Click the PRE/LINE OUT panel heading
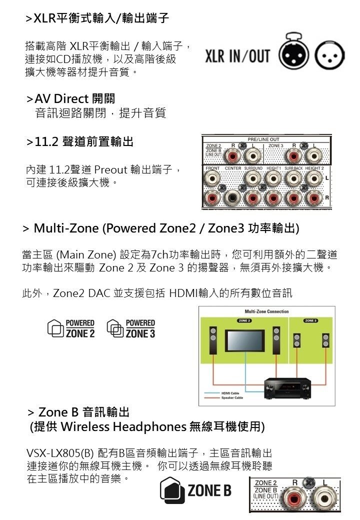tap(263, 139)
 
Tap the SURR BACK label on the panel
tap(294, 168)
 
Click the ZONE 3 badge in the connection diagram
tap(310, 319)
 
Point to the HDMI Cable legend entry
tap(230, 393)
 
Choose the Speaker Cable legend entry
tap(231, 398)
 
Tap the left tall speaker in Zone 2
tap(212, 339)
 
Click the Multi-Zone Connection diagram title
tap(266, 311)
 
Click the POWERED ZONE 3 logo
tap(131, 328)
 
